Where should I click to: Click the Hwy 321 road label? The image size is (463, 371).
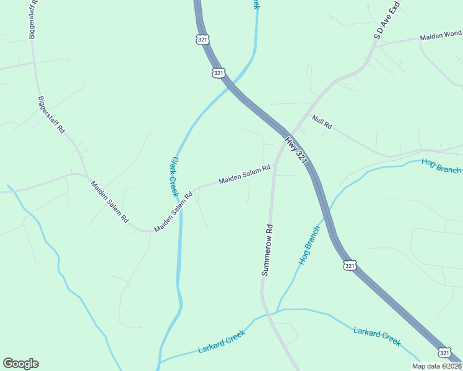coord(296,149)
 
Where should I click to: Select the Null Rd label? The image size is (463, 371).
coord(322,122)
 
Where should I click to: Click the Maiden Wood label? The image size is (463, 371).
coord(441,35)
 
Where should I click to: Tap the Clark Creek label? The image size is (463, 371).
coord(174,176)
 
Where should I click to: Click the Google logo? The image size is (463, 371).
coord(20,364)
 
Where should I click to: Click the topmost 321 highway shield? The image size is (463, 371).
coord(203,40)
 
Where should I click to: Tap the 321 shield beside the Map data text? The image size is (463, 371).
coord(445,352)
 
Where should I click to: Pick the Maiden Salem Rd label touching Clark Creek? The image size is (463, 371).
coord(173,211)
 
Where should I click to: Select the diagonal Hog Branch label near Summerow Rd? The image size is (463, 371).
coord(309,245)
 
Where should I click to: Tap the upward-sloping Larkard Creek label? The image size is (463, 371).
coord(222,341)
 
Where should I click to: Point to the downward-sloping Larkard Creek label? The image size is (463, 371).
coord(377,336)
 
